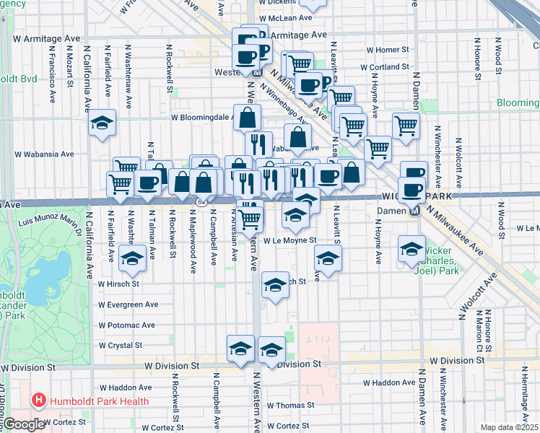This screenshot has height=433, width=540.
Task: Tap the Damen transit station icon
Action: pyautogui.click(x=415, y=211)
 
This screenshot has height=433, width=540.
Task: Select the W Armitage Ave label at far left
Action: pyautogui.click(x=46, y=38)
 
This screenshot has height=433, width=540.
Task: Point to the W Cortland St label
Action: pyautogui.click(x=388, y=67)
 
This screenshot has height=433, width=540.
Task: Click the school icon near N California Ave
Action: pyautogui.click(x=103, y=123)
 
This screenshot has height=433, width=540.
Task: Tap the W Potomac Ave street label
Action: pyautogui.click(x=127, y=325)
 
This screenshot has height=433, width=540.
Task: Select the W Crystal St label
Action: pyautogui.click(x=120, y=346)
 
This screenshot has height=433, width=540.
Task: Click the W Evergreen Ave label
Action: pyautogui.click(x=128, y=305)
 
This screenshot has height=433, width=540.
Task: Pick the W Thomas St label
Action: pyautogui.click(x=289, y=406)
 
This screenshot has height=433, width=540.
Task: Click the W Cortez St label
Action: pyautogui.click(x=64, y=421)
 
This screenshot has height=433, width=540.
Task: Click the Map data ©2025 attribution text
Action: pyautogui.click(x=510, y=427)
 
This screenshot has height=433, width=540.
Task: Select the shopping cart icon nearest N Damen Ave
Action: pyautogui.click(x=406, y=126)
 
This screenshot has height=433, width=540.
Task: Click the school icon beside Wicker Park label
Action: pyautogui.click(x=411, y=249)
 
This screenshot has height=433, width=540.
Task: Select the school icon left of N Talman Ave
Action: pyautogui.click(x=133, y=258)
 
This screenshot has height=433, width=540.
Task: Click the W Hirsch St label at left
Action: pyautogui.click(x=118, y=284)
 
